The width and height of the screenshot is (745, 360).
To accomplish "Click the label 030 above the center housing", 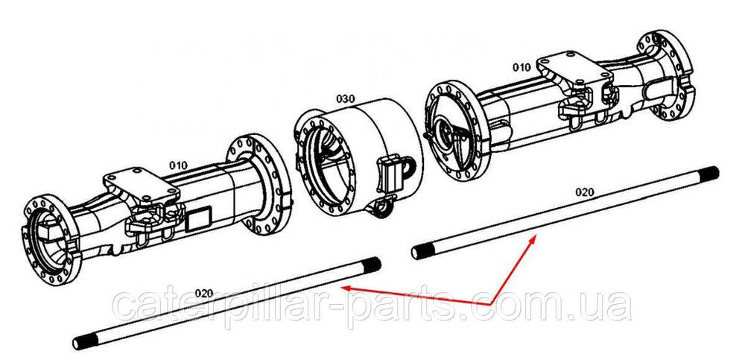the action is (x=346, y=99).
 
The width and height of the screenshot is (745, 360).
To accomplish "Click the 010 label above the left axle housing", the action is (x=179, y=165).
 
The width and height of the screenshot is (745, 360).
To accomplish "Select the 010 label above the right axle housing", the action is (x=521, y=68).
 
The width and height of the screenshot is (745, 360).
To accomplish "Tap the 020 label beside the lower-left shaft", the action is (x=204, y=293).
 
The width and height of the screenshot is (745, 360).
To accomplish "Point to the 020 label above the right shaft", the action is (x=585, y=192).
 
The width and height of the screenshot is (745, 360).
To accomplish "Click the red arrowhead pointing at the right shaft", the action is (x=533, y=240).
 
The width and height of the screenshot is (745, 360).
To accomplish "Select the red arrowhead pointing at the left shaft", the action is (x=346, y=288).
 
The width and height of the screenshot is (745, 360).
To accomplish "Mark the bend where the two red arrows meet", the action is (x=490, y=303).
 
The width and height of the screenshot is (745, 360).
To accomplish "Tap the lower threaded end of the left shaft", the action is (x=82, y=341).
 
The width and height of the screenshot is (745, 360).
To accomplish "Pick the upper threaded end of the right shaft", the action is (x=709, y=173).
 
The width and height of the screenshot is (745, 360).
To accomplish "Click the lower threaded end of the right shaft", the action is (x=420, y=250).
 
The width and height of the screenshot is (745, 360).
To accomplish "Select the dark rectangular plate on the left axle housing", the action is (x=199, y=220).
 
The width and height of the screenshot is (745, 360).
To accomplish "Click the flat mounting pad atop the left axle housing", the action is (x=142, y=185).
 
